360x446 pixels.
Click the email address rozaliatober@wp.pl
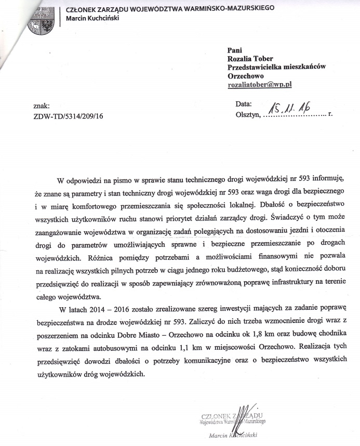(260, 84)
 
